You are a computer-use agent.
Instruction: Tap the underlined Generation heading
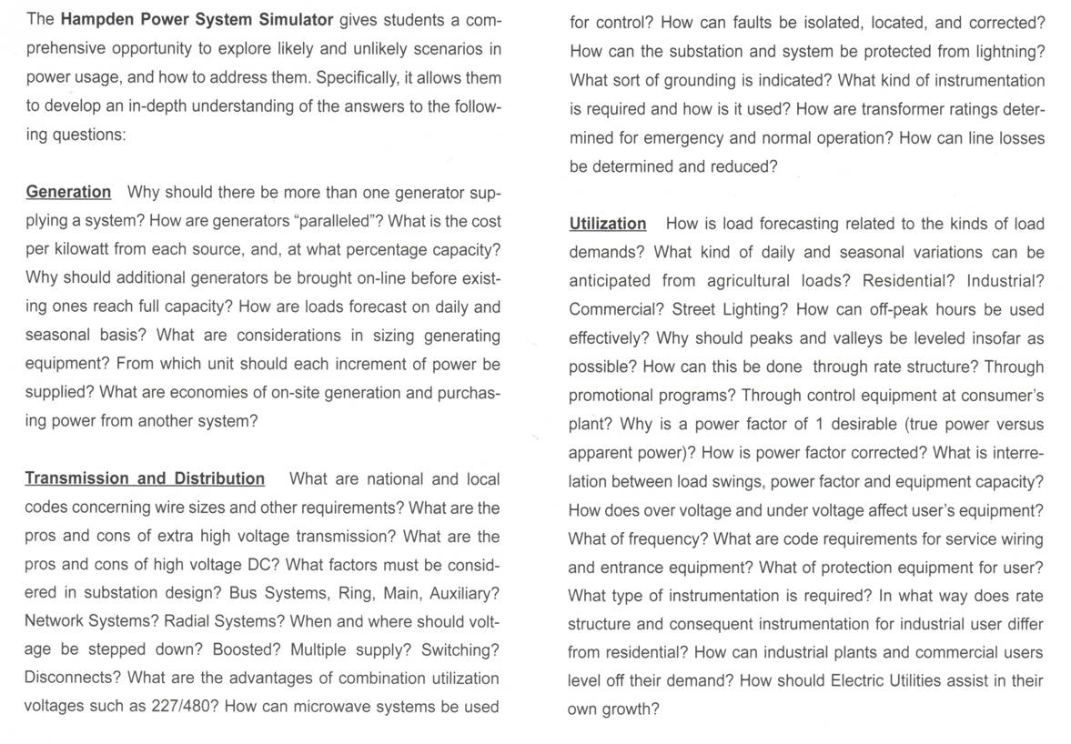[x=68, y=192]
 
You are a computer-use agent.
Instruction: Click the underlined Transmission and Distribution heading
[x=145, y=478]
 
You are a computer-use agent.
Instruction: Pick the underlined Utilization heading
[x=608, y=223]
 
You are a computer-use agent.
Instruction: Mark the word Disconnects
[x=71, y=679]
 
